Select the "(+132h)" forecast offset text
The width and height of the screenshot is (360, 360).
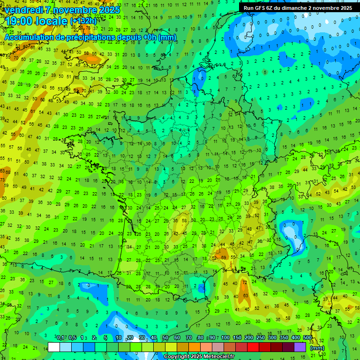point(83,21)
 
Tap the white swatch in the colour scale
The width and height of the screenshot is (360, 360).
point(54,347)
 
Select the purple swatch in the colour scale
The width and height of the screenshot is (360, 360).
point(300,347)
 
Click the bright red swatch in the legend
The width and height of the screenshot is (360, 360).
point(253,347)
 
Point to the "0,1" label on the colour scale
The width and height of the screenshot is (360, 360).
point(60,337)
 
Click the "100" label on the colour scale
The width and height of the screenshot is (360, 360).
point(225,337)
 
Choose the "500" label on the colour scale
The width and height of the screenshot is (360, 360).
point(307,337)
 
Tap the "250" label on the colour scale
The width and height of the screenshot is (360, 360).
point(261,337)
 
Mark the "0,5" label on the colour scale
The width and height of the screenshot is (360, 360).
point(72,337)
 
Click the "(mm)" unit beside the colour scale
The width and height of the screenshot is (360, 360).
point(317,348)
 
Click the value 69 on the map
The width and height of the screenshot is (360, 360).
point(224,257)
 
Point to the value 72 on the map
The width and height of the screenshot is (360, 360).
point(244,283)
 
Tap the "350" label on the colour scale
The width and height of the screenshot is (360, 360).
point(284,337)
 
